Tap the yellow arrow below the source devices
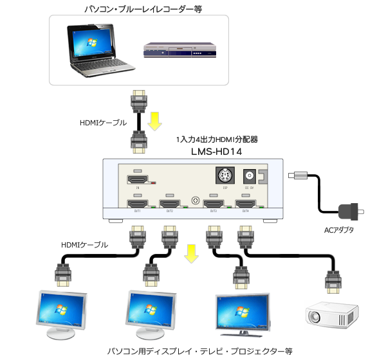coord(156,120)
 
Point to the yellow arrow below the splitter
coord(190,253)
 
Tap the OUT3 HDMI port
coord(213,204)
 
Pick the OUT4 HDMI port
coord(246,204)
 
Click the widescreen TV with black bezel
coord(242,314)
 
